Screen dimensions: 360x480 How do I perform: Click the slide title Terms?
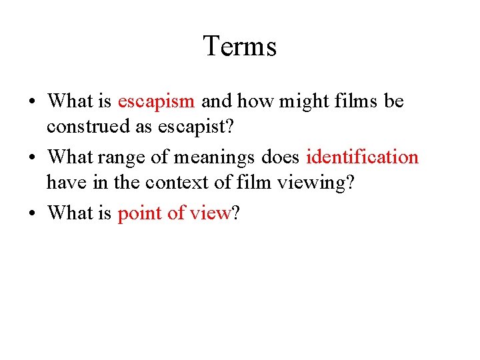pyautogui.click(x=239, y=46)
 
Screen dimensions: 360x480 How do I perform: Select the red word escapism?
pyautogui.click(x=156, y=101)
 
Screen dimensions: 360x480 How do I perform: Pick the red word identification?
pyautogui.click(x=362, y=157)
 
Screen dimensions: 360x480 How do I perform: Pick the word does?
pyautogui.click(x=281, y=157)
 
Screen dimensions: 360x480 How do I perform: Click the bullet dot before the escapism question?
pyautogui.click(x=33, y=103)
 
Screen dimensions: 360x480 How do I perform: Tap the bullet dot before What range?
pyautogui.click(x=33, y=159)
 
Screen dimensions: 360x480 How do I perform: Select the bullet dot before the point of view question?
pyautogui.click(x=33, y=214)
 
